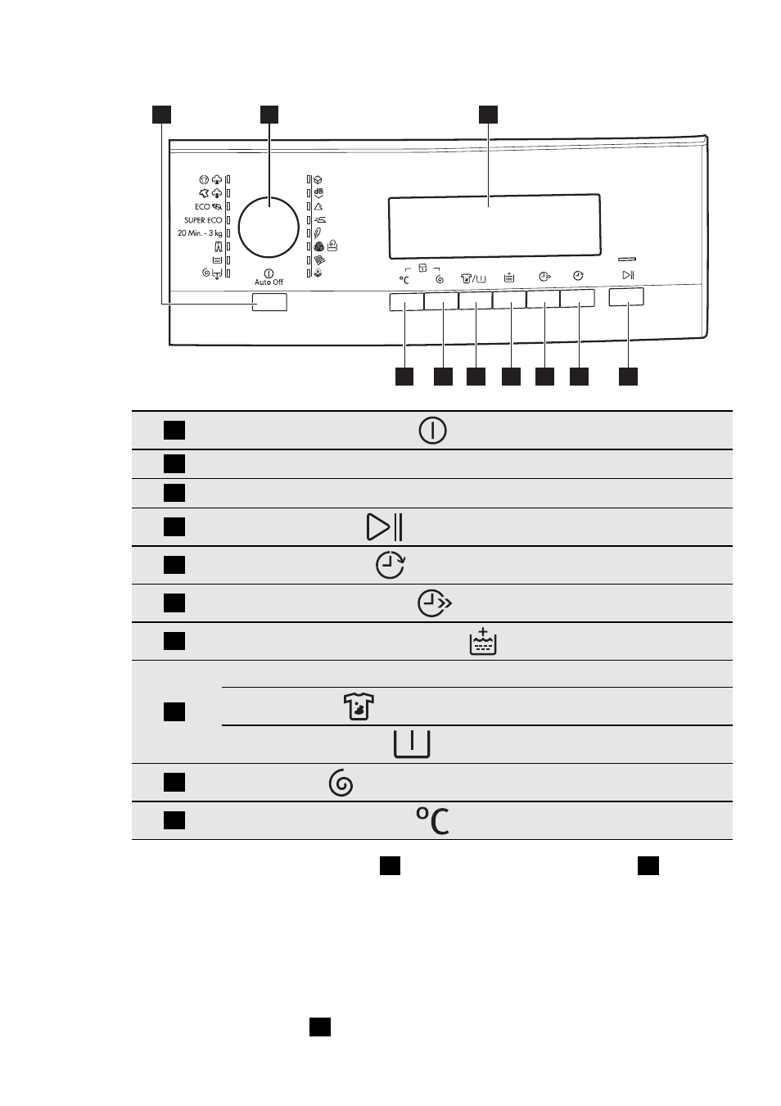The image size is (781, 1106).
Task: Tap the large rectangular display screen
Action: (x=494, y=226)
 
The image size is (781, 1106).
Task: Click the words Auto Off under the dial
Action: (x=269, y=282)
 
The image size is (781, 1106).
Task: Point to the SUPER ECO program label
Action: (x=203, y=220)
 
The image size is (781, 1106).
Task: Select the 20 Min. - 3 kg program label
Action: (x=200, y=233)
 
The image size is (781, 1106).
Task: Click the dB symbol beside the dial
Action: (x=318, y=192)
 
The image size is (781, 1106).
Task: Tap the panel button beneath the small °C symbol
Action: (x=406, y=302)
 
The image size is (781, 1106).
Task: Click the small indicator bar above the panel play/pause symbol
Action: (x=627, y=259)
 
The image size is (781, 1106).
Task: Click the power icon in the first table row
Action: (x=432, y=431)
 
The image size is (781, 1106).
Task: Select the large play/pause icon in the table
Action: (x=385, y=527)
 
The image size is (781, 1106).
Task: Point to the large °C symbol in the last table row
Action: (x=432, y=821)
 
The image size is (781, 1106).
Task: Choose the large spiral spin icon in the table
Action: (x=341, y=783)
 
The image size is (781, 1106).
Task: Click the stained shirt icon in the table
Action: (x=359, y=706)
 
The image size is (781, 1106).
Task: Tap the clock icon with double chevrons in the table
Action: (x=435, y=603)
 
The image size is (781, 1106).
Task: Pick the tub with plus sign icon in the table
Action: (x=483, y=641)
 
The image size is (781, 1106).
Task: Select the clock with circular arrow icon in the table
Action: (x=390, y=566)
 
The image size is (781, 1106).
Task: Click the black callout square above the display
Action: (x=488, y=115)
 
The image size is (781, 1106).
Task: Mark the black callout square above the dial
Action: (x=269, y=115)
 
